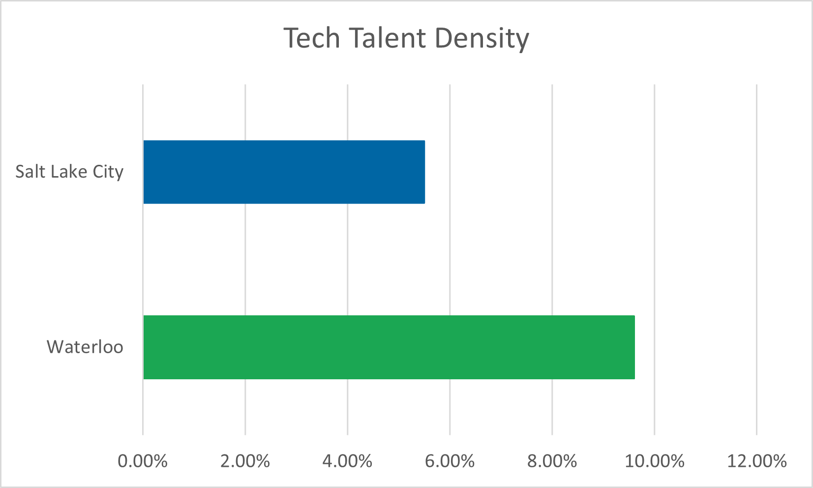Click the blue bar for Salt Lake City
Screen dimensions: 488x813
[284, 172]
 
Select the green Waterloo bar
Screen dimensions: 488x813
[389, 347]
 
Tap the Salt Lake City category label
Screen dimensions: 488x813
[69, 172]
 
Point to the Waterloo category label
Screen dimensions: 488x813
[85, 347]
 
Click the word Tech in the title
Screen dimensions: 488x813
[312, 38]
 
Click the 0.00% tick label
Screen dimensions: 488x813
[143, 461]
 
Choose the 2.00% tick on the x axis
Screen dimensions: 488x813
[245, 461]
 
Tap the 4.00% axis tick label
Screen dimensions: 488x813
[347, 461]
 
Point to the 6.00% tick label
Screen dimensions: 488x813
[450, 461]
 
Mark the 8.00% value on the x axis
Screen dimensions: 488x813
[552, 461]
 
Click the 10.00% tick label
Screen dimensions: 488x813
[654, 461]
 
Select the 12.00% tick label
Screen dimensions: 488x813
[756, 461]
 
